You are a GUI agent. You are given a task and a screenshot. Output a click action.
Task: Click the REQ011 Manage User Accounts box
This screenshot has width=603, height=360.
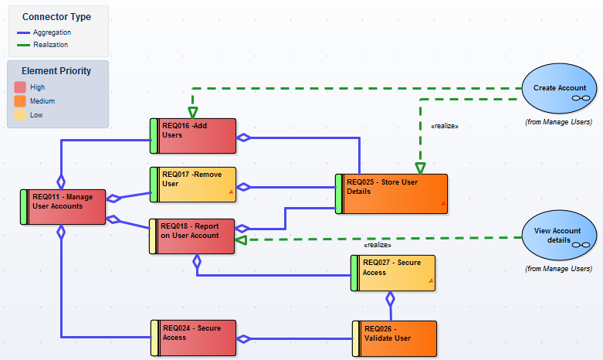[63, 206]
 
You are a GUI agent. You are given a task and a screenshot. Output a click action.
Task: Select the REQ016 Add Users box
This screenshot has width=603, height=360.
[193, 136]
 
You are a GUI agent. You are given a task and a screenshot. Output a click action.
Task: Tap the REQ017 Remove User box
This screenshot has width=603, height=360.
[193, 184]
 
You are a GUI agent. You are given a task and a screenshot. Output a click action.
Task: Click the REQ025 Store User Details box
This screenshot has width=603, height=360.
[391, 192]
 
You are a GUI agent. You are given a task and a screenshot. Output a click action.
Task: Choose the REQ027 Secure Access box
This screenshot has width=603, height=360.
[393, 273]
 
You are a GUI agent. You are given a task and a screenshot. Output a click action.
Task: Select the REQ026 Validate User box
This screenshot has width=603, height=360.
[395, 338]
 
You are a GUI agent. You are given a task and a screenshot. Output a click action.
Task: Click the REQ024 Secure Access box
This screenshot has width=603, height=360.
[194, 338]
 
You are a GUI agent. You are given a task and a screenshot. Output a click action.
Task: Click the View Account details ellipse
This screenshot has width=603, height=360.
[560, 236]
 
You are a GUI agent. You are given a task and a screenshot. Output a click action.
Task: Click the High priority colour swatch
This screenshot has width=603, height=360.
[20, 87]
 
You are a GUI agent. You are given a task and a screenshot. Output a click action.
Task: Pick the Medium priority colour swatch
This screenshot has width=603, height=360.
[20, 101]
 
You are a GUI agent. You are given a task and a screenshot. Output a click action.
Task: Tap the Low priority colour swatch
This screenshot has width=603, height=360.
[20, 115]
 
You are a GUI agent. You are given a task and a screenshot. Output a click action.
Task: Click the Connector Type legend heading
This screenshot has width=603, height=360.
[56, 16]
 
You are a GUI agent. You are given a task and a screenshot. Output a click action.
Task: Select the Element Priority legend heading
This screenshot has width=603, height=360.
[56, 70]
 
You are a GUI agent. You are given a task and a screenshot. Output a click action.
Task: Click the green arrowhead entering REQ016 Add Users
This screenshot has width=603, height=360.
[192, 113]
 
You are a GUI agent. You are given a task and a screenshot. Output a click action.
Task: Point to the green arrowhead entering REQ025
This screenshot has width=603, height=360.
[420, 168]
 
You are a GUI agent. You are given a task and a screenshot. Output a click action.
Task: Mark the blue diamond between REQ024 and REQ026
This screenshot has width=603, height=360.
[244, 338]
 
